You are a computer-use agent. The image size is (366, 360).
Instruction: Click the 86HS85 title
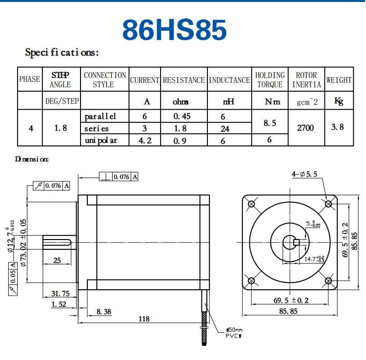click(174, 30)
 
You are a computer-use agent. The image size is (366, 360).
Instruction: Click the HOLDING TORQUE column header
click(270, 80)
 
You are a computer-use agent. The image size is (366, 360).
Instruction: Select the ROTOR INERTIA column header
click(306, 80)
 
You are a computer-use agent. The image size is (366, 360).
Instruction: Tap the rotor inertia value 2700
click(305, 128)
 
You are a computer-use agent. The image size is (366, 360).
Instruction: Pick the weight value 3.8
click(338, 127)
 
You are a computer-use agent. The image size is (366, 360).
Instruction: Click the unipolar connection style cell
click(100, 140)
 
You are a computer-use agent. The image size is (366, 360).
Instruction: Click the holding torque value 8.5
click(270, 123)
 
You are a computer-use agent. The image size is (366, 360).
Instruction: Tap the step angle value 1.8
click(61, 128)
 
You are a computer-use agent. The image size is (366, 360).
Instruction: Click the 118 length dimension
click(143, 319)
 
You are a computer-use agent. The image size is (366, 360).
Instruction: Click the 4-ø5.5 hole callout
click(305, 174)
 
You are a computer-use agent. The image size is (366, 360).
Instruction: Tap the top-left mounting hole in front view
click(251, 204)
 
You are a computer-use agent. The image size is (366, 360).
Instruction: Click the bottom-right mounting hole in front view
click(328, 280)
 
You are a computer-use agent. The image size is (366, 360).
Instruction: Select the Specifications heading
click(62, 52)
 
